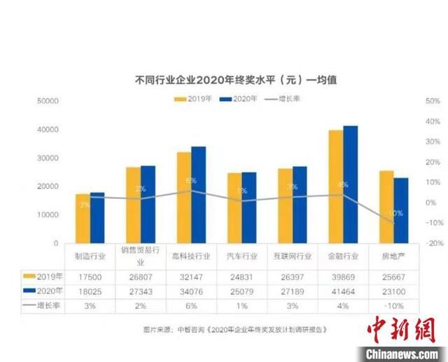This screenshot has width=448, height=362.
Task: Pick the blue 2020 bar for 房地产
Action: (401, 210)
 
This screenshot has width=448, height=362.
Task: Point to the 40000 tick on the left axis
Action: (48, 130)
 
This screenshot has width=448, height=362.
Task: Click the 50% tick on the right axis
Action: (432, 102)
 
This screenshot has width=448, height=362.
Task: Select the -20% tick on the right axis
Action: (432, 243)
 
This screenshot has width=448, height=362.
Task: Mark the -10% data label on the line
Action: (395, 213)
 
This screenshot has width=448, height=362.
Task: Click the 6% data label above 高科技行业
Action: (191, 181)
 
